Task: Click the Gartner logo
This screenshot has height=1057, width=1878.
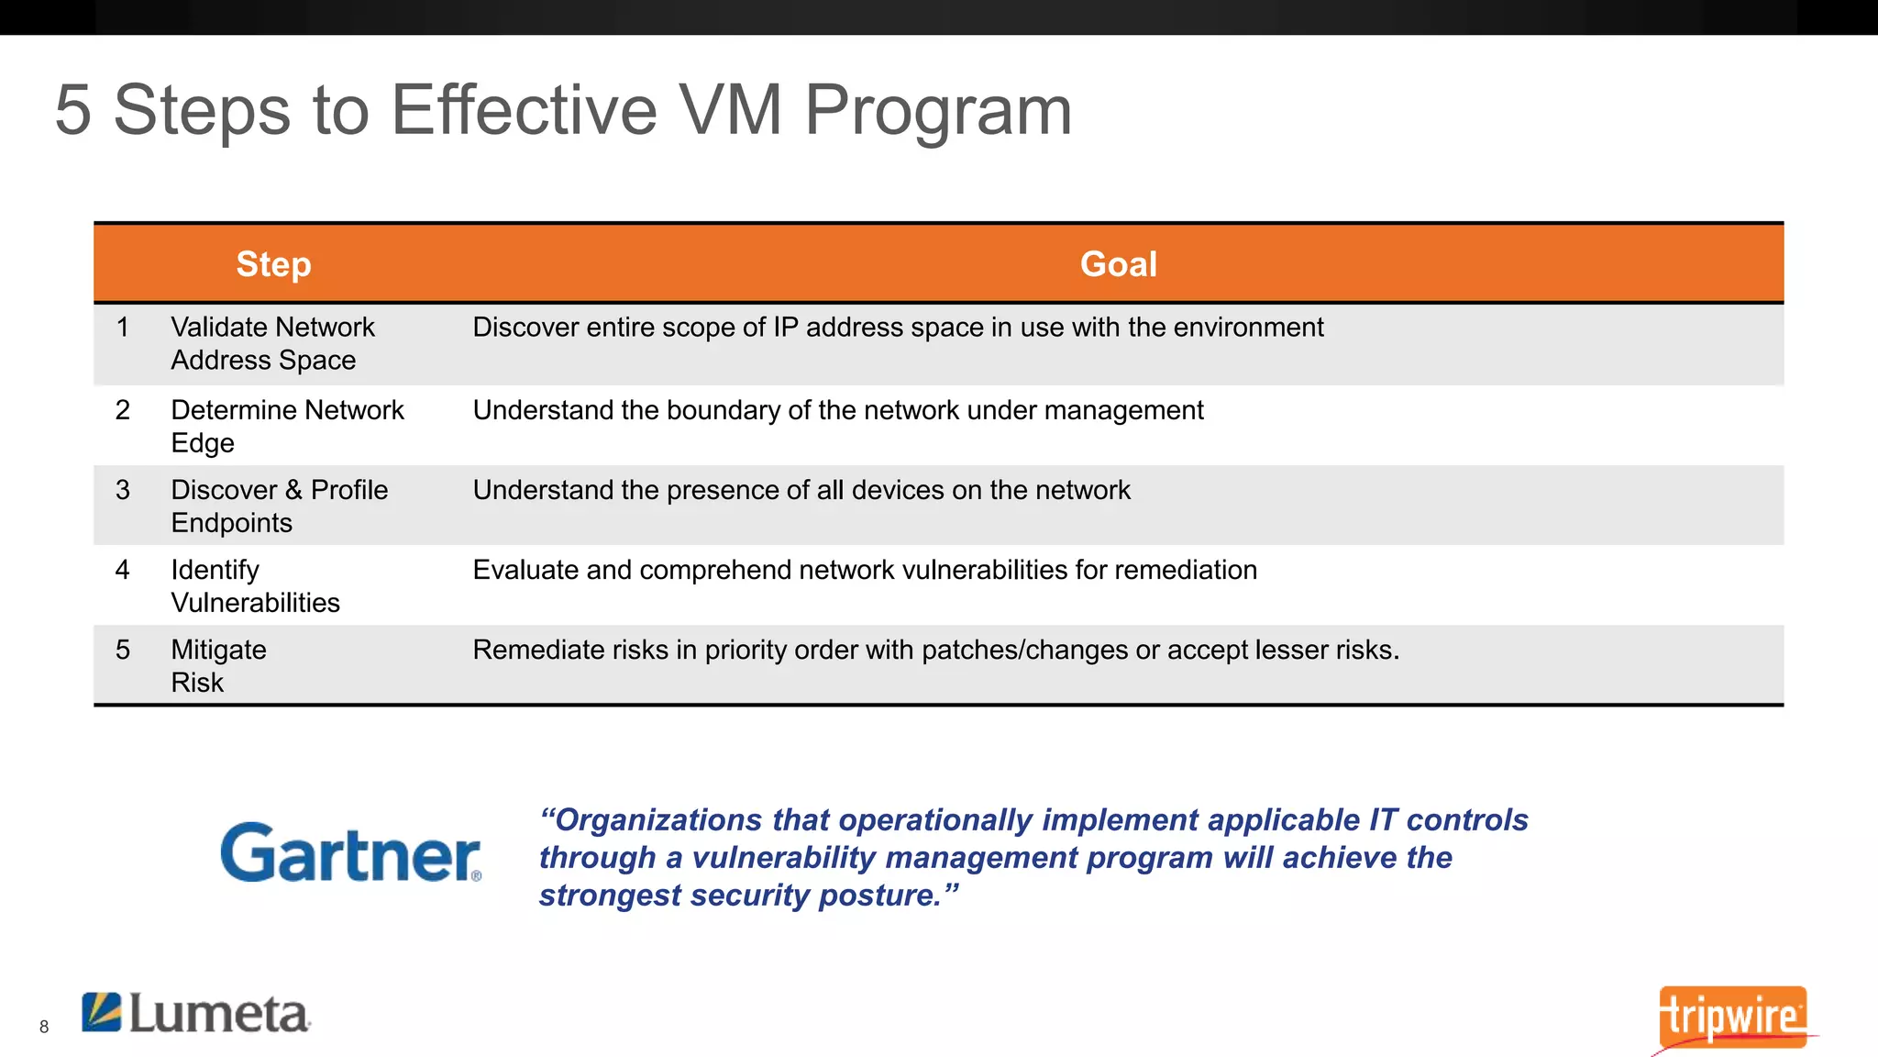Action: pyautogui.click(x=350, y=852)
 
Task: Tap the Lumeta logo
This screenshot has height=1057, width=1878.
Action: pyautogui.click(x=196, y=1014)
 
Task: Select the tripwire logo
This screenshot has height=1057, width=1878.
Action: pyautogui.click(x=1732, y=1017)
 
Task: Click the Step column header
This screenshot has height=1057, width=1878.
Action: pyautogui.click(x=273, y=264)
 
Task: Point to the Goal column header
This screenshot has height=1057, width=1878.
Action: pyautogui.click(x=1118, y=264)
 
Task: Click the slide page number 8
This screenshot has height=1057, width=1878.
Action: pyautogui.click(x=44, y=1027)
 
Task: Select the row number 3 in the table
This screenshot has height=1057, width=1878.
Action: pyautogui.click(x=123, y=490)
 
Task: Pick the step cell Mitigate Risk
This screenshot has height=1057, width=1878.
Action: pyautogui.click(x=218, y=665)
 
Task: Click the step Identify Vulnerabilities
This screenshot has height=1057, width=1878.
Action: pyautogui.click(x=255, y=585)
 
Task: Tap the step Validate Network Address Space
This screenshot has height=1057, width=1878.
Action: pyautogui.click(x=272, y=343)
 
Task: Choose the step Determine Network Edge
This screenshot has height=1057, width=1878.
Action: pyautogui.click(x=286, y=426)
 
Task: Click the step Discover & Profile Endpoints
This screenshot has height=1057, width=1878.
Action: pyautogui.click(x=279, y=506)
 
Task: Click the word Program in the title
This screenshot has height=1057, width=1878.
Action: pyautogui.click(x=937, y=111)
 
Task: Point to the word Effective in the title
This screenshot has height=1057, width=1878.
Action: pyautogui.click(x=524, y=111)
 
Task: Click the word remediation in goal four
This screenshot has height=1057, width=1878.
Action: pyautogui.click(x=1186, y=570)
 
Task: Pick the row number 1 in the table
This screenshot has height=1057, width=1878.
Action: pyautogui.click(x=123, y=328)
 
